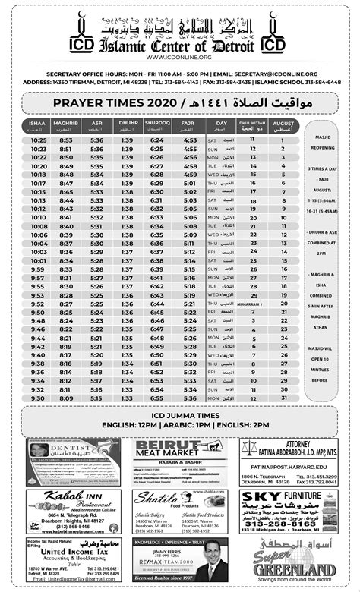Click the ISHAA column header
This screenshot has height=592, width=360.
tap(39, 124)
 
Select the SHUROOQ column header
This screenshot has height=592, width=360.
tap(158, 124)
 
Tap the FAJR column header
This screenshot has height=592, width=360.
tap(190, 124)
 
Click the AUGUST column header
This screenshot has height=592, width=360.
tap(283, 124)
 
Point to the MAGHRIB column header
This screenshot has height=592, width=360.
tap(67, 124)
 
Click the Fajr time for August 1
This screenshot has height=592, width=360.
tap(190, 140)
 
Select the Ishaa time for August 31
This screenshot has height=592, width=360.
tap(39, 398)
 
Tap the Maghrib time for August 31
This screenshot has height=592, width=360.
tap(67, 398)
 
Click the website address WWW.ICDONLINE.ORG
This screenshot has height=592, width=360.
tap(180, 56)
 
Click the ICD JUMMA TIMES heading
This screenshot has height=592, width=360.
tap(180, 415)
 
